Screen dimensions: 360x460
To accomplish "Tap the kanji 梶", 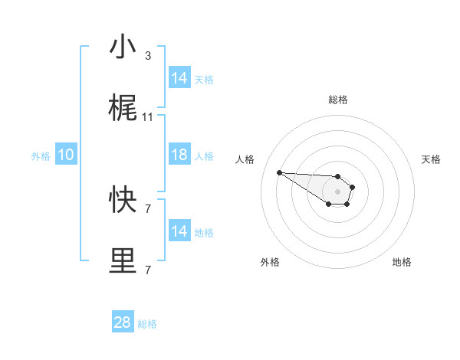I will pyautogui.click(x=123, y=109).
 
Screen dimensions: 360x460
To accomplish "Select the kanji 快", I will pyautogui.click(x=123, y=199).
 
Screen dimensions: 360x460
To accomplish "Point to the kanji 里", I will pyautogui.click(x=123, y=260).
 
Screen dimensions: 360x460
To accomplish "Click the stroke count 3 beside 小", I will pyautogui.click(x=148, y=56).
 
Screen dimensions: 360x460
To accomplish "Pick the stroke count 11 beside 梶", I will pyautogui.click(x=148, y=117).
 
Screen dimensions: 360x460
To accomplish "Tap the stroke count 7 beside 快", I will pyautogui.click(x=148, y=208).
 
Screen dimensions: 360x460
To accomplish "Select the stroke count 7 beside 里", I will pyautogui.click(x=148, y=270).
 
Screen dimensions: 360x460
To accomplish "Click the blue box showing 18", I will pyautogui.click(x=179, y=155).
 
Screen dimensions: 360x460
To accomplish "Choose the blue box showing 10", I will pyautogui.click(x=66, y=155).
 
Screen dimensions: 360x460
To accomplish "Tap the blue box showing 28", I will pyautogui.click(x=123, y=322).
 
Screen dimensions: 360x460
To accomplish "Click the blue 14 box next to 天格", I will pyautogui.click(x=179, y=78).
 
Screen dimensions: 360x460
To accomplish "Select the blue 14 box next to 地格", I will pyautogui.click(x=179, y=231).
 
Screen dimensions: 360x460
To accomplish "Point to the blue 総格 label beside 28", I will pyautogui.click(x=147, y=324).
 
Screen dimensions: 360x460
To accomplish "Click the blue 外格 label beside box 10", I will pyautogui.click(x=41, y=155).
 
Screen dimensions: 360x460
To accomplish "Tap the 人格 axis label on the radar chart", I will pyautogui.click(x=245, y=159).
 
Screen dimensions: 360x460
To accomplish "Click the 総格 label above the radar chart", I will pyautogui.click(x=338, y=100).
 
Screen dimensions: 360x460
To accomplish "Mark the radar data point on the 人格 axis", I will pyautogui.click(x=279, y=172).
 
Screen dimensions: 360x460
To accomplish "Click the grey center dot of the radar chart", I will pyautogui.click(x=338, y=191).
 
